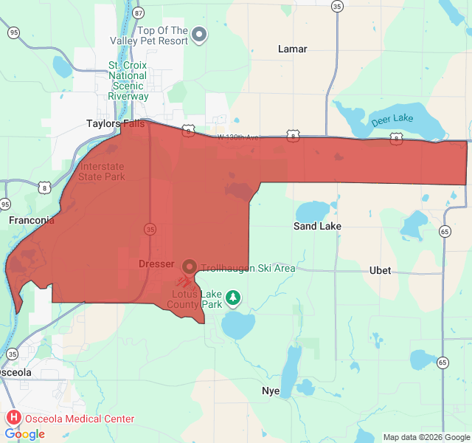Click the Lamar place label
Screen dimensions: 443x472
[x=293, y=49]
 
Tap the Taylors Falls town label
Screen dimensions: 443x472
[x=115, y=124]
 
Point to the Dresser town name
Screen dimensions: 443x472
[x=156, y=264]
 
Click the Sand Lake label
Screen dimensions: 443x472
[x=317, y=227]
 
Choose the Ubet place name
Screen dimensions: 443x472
[x=380, y=271]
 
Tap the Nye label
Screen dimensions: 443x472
[x=271, y=391]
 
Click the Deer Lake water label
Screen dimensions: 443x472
[x=392, y=119]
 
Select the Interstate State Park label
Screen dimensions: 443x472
[x=103, y=171]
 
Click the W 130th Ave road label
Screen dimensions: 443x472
[x=239, y=137]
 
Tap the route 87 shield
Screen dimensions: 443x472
[x=138, y=13]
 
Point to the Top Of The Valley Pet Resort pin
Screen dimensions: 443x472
[x=199, y=34]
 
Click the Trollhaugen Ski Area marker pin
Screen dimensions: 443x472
[x=189, y=266]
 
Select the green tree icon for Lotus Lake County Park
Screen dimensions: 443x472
[x=233, y=298]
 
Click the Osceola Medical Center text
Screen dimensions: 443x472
[x=80, y=419]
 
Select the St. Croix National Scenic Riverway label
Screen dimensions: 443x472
[x=128, y=81]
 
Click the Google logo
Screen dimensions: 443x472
[x=24, y=434]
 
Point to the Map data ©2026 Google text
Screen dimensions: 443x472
[x=426, y=437]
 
